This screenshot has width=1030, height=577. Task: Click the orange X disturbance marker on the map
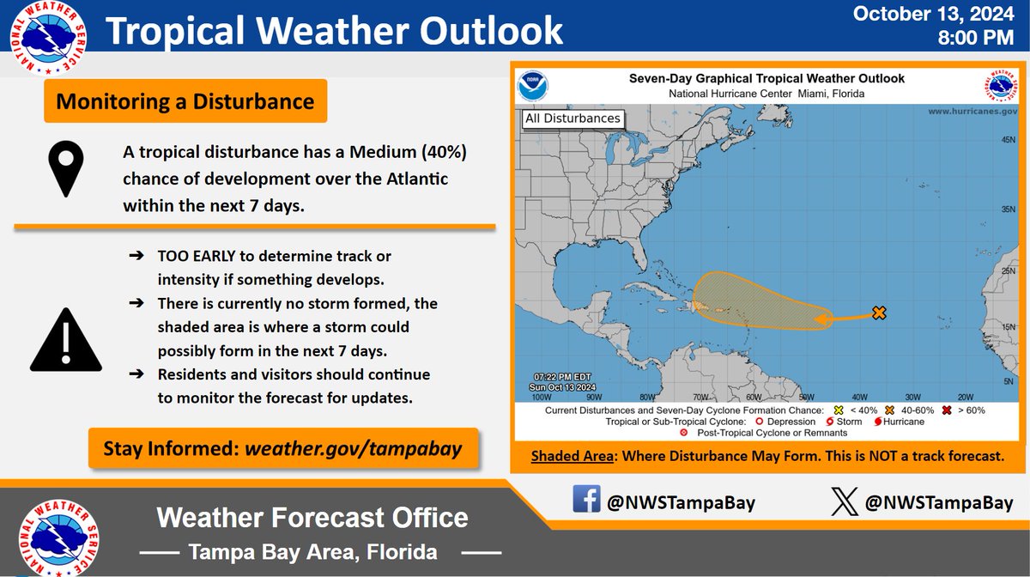tap(878, 313)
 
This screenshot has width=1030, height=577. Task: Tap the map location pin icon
tap(65, 170)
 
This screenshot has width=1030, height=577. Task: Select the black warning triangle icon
tap(65, 338)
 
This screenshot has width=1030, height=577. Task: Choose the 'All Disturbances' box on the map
tap(573, 118)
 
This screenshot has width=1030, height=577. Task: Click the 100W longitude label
tap(541, 397)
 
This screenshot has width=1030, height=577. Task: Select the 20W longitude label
tap(965, 397)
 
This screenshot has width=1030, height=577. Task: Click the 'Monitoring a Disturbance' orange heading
tap(185, 102)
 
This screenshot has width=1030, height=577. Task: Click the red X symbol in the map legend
tap(946, 410)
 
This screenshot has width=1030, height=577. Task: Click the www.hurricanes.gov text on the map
tap(972, 112)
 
